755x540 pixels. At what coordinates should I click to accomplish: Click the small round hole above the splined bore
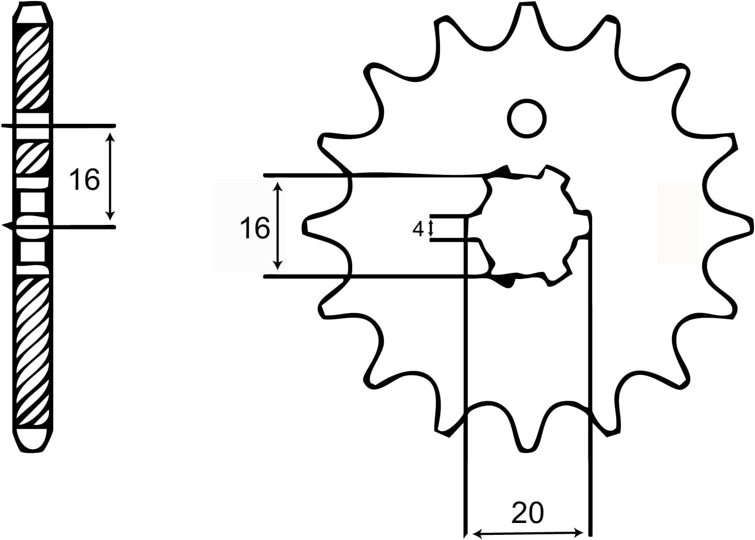pyautogui.click(x=527, y=119)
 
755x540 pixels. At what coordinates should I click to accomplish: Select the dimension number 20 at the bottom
pyautogui.click(x=528, y=513)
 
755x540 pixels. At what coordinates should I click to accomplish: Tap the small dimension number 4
pyautogui.click(x=418, y=228)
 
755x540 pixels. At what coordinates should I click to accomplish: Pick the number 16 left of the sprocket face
pyautogui.click(x=255, y=228)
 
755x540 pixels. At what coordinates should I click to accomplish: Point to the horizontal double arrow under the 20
pyautogui.click(x=528, y=532)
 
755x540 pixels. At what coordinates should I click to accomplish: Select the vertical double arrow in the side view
pyautogui.click(x=109, y=176)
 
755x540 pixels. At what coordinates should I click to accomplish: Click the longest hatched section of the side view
pyautogui.click(x=32, y=351)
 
